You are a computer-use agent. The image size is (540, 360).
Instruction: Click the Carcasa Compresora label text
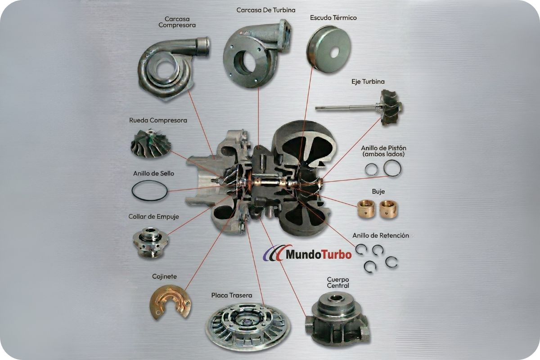[x=177, y=22]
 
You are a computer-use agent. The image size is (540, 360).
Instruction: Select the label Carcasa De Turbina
[x=265, y=10]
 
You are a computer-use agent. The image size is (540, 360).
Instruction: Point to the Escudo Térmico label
[x=333, y=18]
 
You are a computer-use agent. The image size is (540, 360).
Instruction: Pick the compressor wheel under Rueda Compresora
[x=151, y=143]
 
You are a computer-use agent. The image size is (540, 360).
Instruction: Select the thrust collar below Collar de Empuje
[x=151, y=242]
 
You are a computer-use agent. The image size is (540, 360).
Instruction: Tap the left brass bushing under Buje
[x=366, y=209]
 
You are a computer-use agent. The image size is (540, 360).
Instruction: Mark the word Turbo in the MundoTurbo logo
[x=337, y=255]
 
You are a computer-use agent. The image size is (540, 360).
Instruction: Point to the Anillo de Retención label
[x=381, y=235]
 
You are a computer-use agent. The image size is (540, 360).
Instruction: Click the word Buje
[x=378, y=191]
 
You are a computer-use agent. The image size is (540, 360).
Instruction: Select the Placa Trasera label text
[x=232, y=295]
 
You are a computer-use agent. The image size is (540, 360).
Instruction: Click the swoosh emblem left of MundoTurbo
[x=274, y=253]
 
